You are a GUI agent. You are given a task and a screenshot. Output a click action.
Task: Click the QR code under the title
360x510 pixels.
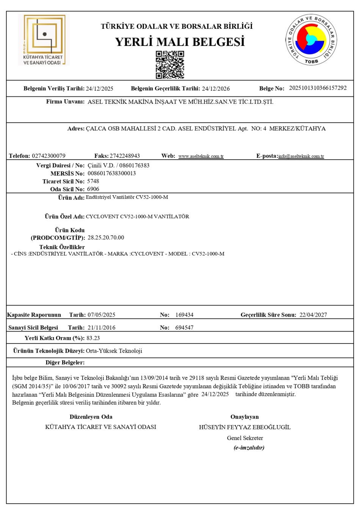tap(170, 64)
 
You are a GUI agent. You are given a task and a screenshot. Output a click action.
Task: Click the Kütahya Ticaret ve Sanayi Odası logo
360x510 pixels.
tap(44, 40)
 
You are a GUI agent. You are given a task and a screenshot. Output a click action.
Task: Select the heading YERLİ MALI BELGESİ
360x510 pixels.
tap(180, 42)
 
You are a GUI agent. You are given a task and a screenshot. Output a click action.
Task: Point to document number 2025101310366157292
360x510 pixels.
tap(318, 88)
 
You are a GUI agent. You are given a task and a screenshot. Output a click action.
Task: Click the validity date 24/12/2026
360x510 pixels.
tap(216, 89)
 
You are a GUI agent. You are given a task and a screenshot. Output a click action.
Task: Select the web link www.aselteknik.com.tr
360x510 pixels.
tap(201, 156)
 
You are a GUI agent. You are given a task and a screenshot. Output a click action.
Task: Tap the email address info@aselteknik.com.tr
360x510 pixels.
tap(301, 156)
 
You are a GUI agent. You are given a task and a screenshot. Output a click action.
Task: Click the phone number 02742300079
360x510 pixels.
tap(49, 156)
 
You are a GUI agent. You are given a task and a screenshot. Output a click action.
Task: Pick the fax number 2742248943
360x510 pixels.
tap(125, 156)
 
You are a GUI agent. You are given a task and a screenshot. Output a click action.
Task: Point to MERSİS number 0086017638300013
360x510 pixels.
tap(111, 173)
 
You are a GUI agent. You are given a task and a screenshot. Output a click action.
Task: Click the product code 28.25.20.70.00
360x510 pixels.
tap(106, 237)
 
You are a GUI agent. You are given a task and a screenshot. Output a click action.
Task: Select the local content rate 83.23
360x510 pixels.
tap(93, 338)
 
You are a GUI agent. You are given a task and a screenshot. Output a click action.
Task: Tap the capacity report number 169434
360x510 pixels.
tap(184, 315)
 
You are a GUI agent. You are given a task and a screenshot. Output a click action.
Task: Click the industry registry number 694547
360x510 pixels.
tap(184, 328)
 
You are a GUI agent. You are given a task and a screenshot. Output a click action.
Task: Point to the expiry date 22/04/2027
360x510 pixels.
tap(313, 315)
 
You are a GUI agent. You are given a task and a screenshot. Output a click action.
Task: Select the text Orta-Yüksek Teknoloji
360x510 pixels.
tap(114, 351)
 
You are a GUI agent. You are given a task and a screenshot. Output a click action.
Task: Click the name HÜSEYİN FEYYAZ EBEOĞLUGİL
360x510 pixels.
tap(245, 427)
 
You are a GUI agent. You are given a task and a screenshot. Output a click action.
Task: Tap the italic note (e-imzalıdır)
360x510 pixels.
tap(249, 447)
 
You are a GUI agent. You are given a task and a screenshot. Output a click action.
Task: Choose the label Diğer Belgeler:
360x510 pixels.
tap(65, 362)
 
